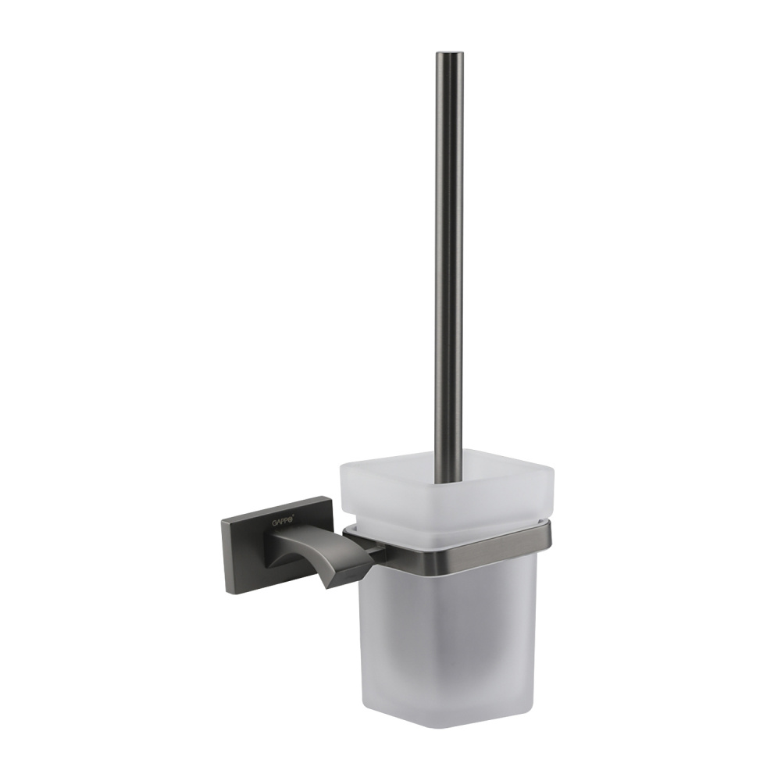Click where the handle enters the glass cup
[x=448, y=473]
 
